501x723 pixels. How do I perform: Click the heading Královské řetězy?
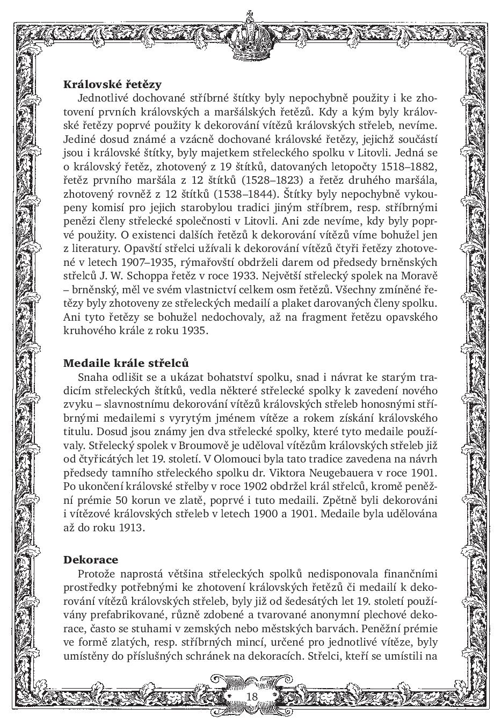[112, 84]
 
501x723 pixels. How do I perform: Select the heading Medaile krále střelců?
[126, 363]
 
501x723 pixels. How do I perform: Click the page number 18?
[251, 696]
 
